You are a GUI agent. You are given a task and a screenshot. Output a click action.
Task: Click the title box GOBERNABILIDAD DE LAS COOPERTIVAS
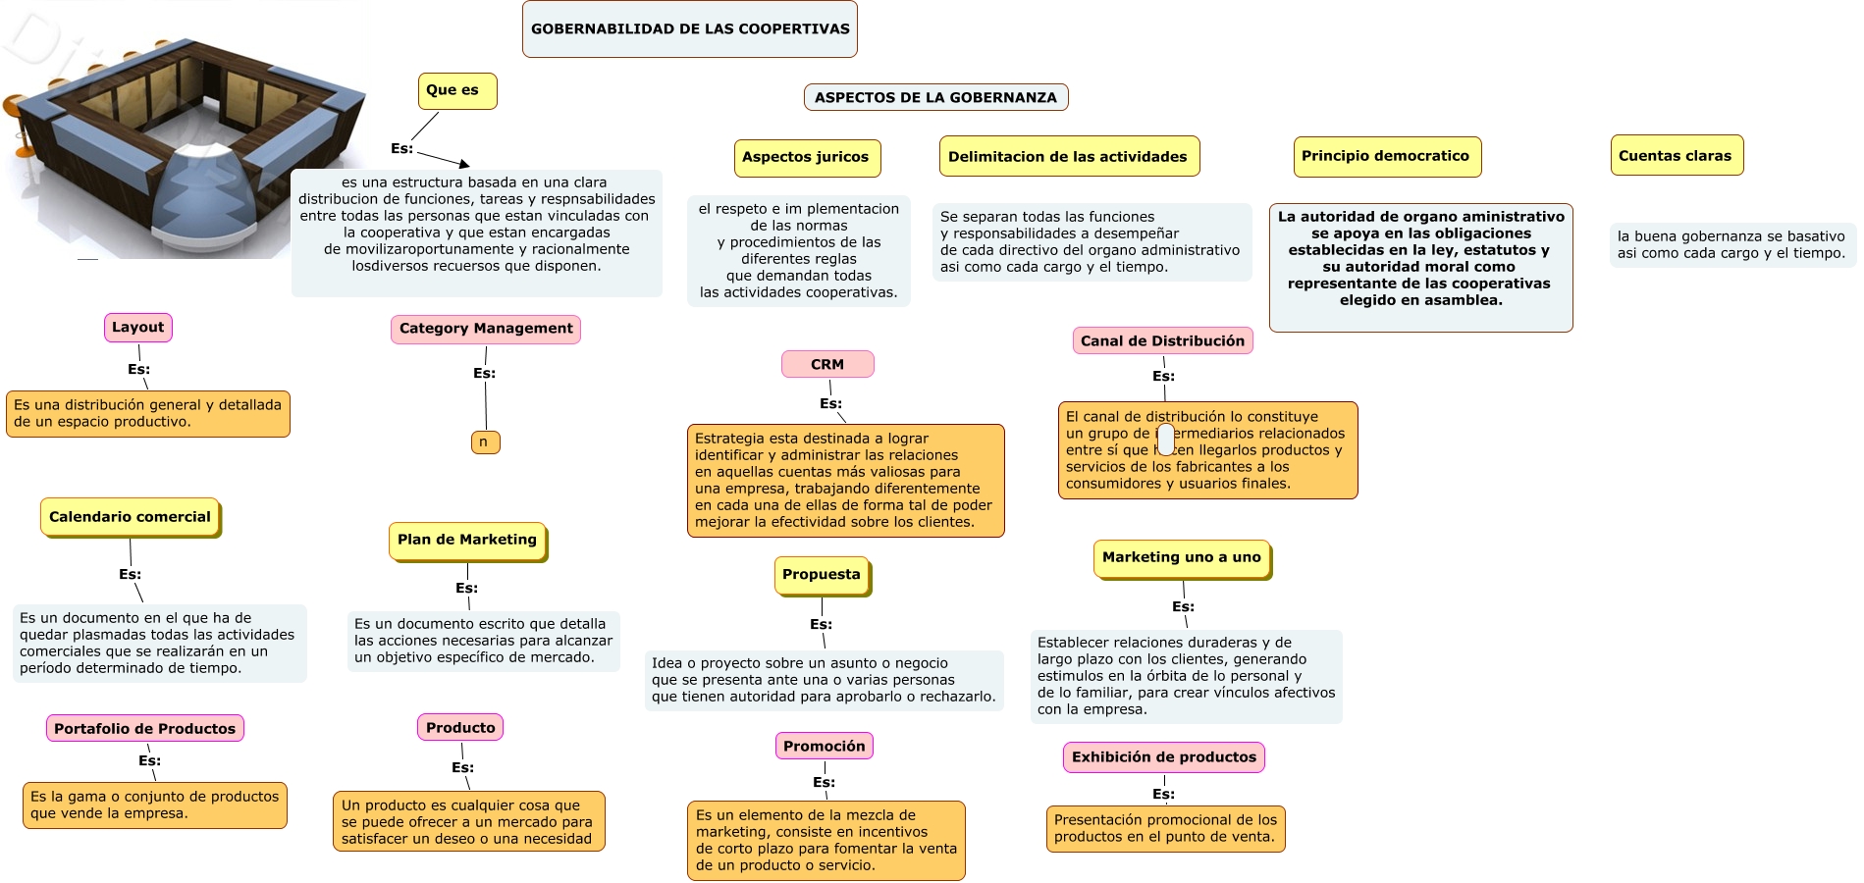690,29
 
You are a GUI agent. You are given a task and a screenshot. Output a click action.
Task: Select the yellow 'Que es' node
456,90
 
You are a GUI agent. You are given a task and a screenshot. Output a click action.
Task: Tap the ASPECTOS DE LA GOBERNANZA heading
935,97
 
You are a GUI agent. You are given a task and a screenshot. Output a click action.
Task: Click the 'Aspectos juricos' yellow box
806,157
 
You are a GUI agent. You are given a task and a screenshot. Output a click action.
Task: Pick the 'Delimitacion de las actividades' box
1068,157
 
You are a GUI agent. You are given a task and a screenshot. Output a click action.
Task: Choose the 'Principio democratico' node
1386,156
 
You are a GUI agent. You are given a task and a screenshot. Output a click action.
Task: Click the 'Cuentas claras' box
1676,156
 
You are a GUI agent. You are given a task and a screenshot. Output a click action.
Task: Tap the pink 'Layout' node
138,328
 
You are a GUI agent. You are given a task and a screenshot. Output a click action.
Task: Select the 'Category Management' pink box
486,329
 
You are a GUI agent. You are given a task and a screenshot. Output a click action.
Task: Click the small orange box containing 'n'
485,442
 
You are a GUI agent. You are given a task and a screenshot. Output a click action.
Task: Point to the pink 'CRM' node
827,364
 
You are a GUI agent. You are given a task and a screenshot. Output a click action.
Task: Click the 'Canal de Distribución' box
1162,340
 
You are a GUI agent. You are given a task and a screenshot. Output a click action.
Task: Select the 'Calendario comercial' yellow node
131,517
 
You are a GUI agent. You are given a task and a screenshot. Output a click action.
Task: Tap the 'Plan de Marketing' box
467,540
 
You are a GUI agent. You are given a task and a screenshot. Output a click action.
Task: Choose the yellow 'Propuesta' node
822,575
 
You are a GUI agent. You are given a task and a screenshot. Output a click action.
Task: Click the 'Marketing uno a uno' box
1182,557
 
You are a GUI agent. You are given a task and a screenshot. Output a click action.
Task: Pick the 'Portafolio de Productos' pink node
145,728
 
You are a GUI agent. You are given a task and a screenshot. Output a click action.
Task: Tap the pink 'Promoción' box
825,746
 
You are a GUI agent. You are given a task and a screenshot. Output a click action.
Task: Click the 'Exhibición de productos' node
1164,757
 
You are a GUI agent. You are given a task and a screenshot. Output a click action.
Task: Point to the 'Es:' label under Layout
138,370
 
